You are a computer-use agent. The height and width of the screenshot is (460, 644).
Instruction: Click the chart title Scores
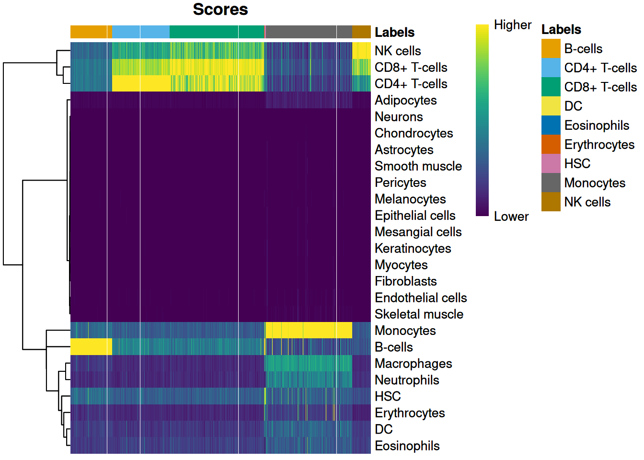coord(220,10)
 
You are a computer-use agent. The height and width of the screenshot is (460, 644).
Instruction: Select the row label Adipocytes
coord(405,100)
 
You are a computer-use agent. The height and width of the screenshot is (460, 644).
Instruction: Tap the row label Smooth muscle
coord(418,166)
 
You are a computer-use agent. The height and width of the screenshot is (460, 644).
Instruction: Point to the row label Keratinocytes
coord(413,248)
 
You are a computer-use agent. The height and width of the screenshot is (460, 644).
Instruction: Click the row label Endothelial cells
coord(420,298)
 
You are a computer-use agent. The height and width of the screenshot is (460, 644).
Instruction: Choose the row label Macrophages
coord(413,364)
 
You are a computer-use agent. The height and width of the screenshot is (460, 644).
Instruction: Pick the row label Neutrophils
coord(407,380)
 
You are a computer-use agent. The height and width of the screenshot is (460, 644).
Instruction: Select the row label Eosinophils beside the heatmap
coord(407,446)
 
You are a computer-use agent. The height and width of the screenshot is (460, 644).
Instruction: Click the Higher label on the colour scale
coord(512,25)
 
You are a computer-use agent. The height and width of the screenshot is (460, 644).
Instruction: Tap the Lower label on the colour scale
coord(511,217)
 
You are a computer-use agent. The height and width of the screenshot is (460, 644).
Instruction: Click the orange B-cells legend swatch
coord(551,49)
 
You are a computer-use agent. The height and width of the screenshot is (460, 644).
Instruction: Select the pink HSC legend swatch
coord(551,164)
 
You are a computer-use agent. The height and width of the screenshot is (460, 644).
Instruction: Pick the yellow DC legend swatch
coord(551,106)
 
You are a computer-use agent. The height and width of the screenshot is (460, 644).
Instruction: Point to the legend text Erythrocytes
coord(599,145)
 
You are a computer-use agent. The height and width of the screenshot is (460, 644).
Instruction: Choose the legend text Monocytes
coord(595,183)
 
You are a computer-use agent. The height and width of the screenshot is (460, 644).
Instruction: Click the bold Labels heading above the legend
coord(561,30)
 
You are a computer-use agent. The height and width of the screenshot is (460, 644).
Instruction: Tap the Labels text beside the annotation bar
coord(394,32)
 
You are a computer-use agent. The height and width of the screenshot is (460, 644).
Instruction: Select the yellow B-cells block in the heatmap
coord(91,347)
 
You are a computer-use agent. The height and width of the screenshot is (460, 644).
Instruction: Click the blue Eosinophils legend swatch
coord(551,126)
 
